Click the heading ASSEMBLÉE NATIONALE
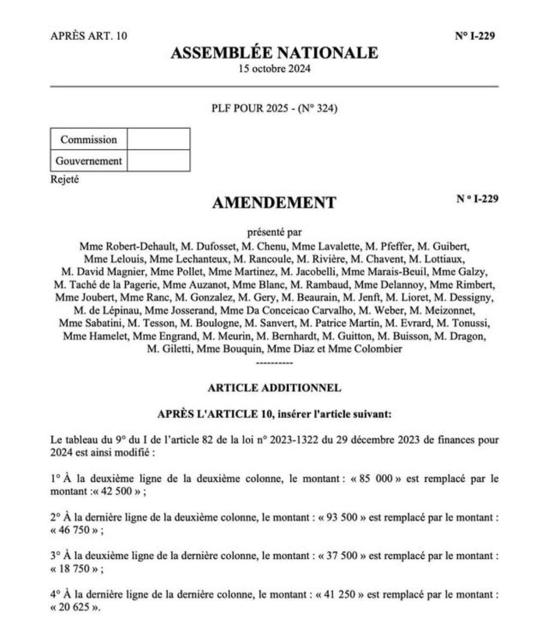[274, 53]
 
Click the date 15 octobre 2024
[274, 69]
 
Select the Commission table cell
[89, 140]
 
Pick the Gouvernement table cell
[89, 160]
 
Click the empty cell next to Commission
[158, 140]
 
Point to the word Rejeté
[64, 180]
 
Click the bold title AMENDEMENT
[274, 202]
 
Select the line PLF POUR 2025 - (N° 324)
[274, 109]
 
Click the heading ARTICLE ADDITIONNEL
[274, 387]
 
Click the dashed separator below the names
[275, 363]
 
